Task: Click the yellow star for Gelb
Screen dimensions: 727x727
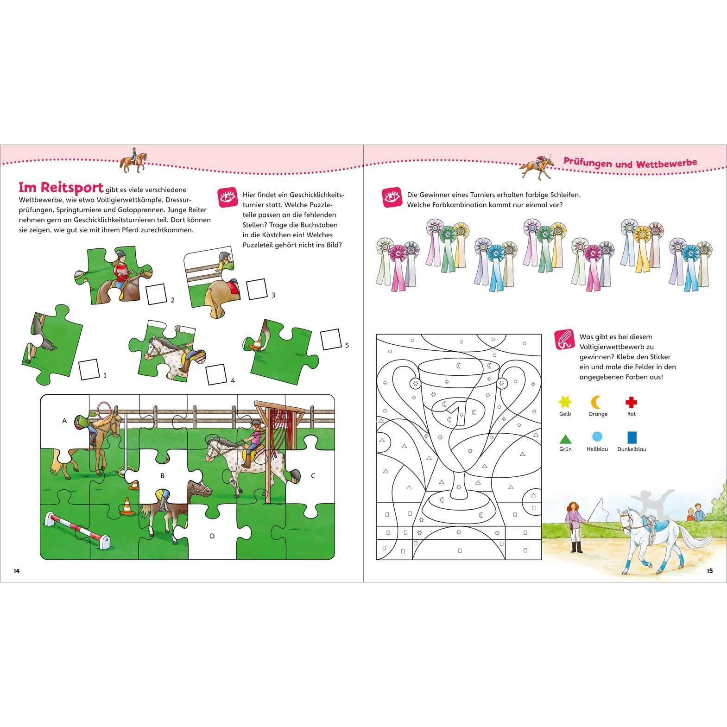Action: [x=565, y=402]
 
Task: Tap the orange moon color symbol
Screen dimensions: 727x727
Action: [x=597, y=402]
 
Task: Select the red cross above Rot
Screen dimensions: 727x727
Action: [x=631, y=402]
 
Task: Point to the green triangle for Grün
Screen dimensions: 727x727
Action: [x=565, y=438]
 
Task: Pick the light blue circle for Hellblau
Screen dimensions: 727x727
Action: [x=597, y=437]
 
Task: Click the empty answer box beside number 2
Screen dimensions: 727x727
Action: [x=157, y=295]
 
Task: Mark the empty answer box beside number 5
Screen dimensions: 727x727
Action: [x=330, y=340]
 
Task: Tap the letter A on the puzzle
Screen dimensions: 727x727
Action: [x=64, y=421]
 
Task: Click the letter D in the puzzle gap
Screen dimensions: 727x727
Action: [x=212, y=536]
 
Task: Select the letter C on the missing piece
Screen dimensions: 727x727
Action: [x=313, y=475]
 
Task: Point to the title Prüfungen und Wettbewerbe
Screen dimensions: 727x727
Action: [x=630, y=163]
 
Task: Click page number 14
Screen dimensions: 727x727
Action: [x=17, y=570]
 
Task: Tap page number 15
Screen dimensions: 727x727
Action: [x=710, y=570]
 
